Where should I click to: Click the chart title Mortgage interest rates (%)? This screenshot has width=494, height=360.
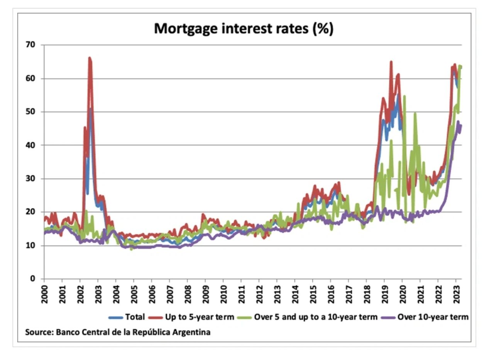[244, 29]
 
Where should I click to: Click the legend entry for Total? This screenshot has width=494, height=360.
[135, 317]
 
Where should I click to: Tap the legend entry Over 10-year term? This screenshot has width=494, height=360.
[433, 317]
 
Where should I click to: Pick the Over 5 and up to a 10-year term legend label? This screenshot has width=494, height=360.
[315, 317]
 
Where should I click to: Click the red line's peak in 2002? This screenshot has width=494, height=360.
[90, 58]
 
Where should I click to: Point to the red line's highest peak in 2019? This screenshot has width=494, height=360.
[391, 62]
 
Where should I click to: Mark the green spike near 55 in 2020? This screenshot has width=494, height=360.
[404, 96]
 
